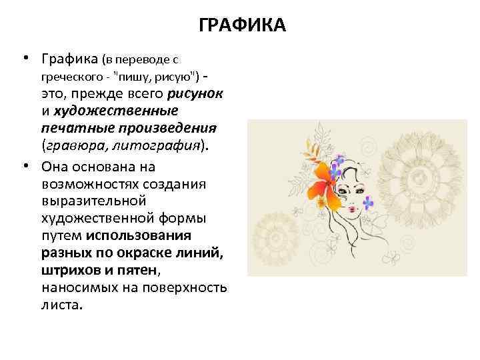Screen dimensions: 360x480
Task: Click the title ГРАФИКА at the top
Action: click(242, 26)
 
